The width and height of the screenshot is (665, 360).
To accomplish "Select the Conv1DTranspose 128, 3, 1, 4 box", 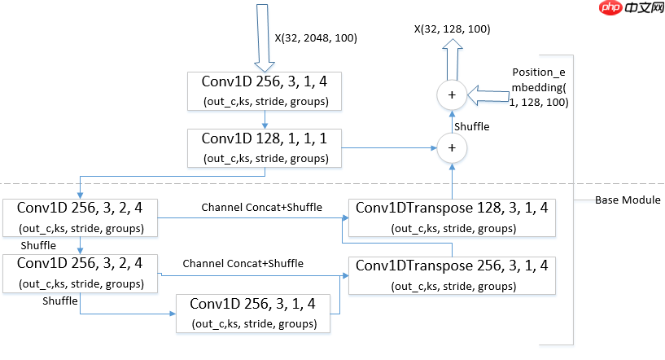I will tap(451, 217).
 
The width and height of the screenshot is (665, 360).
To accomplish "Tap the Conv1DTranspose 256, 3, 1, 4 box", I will tap(451, 274).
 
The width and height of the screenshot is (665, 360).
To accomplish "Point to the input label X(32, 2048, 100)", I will tap(316, 37).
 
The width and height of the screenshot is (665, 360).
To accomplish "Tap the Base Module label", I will tap(628, 200).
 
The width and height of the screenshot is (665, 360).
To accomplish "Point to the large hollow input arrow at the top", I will tap(262, 37).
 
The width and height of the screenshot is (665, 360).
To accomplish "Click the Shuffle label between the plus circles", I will tap(471, 126).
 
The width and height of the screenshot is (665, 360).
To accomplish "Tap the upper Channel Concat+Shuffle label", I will tap(261, 207).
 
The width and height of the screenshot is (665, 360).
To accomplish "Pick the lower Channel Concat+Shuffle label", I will tap(243, 263).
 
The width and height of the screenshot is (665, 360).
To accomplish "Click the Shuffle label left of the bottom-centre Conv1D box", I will tap(60, 301).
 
